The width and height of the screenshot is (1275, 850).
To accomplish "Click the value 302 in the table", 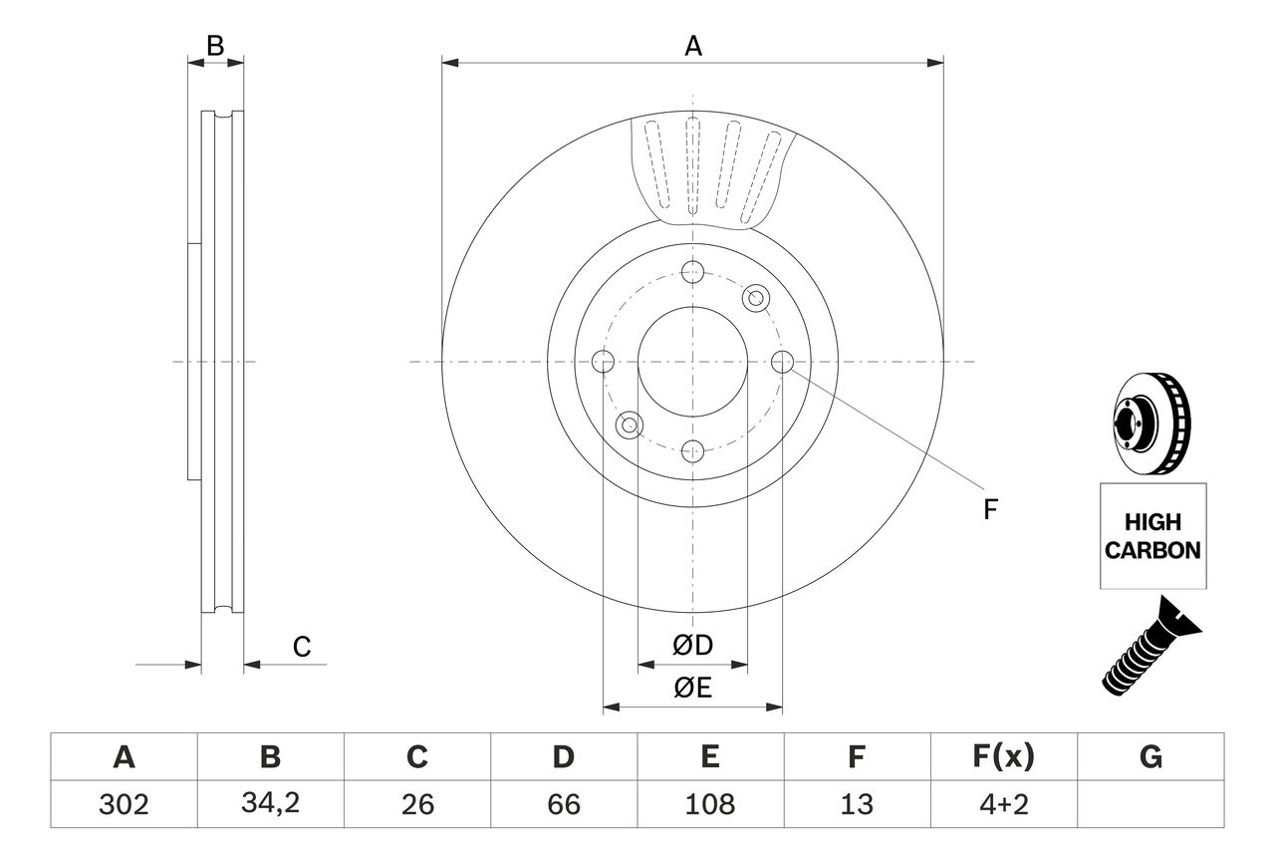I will coord(125,804).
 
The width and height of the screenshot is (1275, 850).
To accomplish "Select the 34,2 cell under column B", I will coord(271,804).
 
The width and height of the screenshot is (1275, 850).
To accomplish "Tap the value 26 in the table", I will coord(417,804).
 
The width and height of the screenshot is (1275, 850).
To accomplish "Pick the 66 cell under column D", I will coord(564,804).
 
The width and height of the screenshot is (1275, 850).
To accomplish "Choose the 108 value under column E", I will coord(709,804).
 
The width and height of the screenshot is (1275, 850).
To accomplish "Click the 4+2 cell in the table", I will coord(1003,804).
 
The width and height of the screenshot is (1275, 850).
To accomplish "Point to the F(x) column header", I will coord(1003,757).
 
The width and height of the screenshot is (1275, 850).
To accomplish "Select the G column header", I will coord(1150,757).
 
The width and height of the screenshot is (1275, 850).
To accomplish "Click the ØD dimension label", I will coord(693,645).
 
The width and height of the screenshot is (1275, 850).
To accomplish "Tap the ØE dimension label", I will coord(693,689).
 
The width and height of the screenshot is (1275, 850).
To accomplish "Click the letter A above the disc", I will coord(693,46).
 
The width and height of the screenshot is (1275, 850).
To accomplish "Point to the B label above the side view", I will coord(215,45).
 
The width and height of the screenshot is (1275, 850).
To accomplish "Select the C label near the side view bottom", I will coord(302,647).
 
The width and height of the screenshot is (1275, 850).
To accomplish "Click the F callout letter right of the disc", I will coord(990,510).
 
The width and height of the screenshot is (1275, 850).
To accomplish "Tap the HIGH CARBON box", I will coord(1153,536).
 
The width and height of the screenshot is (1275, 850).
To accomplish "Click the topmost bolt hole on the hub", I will coord(693,272).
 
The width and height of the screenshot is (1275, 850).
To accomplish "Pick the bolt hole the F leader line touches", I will coord(783,362).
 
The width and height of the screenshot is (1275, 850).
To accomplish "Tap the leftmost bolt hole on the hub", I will coord(603,362).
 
